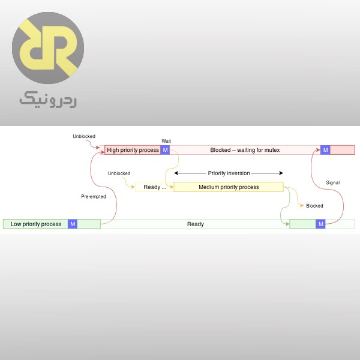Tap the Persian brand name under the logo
[48, 100]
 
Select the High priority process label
[133, 150]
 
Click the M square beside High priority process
[166, 150]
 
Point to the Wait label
[167, 141]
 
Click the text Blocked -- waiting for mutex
[245, 150]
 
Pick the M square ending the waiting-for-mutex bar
[325, 150]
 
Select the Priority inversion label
[229, 173]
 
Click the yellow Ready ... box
[154, 187]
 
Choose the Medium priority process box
[229, 187]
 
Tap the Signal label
[332, 182]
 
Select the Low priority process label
[36, 224]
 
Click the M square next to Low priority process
[73, 224]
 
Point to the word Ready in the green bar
[195, 224]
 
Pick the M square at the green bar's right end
[320, 224]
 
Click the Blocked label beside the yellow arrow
[314, 206]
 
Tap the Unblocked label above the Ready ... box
[119, 173]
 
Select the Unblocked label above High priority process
[84, 136]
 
